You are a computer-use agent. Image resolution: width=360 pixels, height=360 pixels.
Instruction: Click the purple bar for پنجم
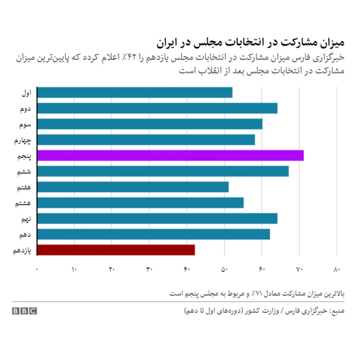coord(170,155)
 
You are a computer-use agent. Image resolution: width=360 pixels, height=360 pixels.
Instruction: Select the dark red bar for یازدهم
coord(115,250)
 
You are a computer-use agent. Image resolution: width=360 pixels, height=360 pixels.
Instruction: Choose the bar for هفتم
coord(132,187)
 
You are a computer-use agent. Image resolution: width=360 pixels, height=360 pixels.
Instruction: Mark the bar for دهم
coord(153,234)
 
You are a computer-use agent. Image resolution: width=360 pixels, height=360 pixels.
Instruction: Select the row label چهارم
coord(22,140)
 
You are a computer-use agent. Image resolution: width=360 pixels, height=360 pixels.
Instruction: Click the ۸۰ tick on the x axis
coord(337,269)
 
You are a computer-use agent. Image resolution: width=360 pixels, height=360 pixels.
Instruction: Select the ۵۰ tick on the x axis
coord(224,269)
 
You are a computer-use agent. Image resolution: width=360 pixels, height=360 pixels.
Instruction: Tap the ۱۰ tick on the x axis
coord(74,269)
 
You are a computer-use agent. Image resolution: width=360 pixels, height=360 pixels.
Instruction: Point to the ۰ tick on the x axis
coord(37,269)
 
